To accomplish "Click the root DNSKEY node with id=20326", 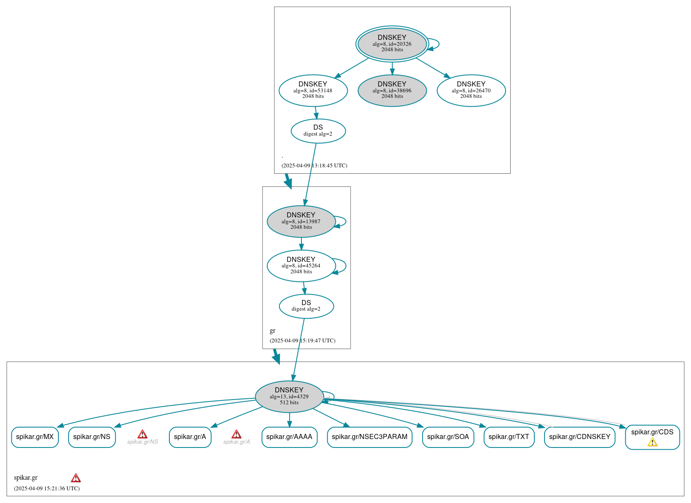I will (x=392, y=44).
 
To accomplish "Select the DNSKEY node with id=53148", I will (x=313, y=90).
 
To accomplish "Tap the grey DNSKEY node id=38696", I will (x=392, y=90).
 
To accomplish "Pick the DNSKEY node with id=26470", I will (x=471, y=90).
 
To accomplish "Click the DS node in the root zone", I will (x=318, y=131).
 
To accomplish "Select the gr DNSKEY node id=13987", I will (x=301, y=221).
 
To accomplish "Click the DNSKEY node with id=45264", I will (x=301, y=266).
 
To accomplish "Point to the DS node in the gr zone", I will (x=306, y=306).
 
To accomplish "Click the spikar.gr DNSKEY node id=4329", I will (x=289, y=396).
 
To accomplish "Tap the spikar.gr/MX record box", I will (x=35, y=437).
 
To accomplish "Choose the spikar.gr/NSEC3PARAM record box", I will (x=369, y=437).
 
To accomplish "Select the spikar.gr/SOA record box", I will (x=448, y=437).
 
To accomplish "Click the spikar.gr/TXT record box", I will (x=509, y=437).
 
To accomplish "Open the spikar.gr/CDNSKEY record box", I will (x=579, y=437).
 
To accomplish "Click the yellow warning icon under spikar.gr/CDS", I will (x=652, y=442).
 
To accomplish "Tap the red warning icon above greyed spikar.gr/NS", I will (x=142, y=434).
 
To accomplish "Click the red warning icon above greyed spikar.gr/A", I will (x=236, y=434).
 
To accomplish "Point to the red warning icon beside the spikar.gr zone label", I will (x=76, y=478).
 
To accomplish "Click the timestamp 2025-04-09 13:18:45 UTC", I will (x=314, y=166).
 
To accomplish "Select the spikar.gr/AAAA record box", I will (x=289, y=437).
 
